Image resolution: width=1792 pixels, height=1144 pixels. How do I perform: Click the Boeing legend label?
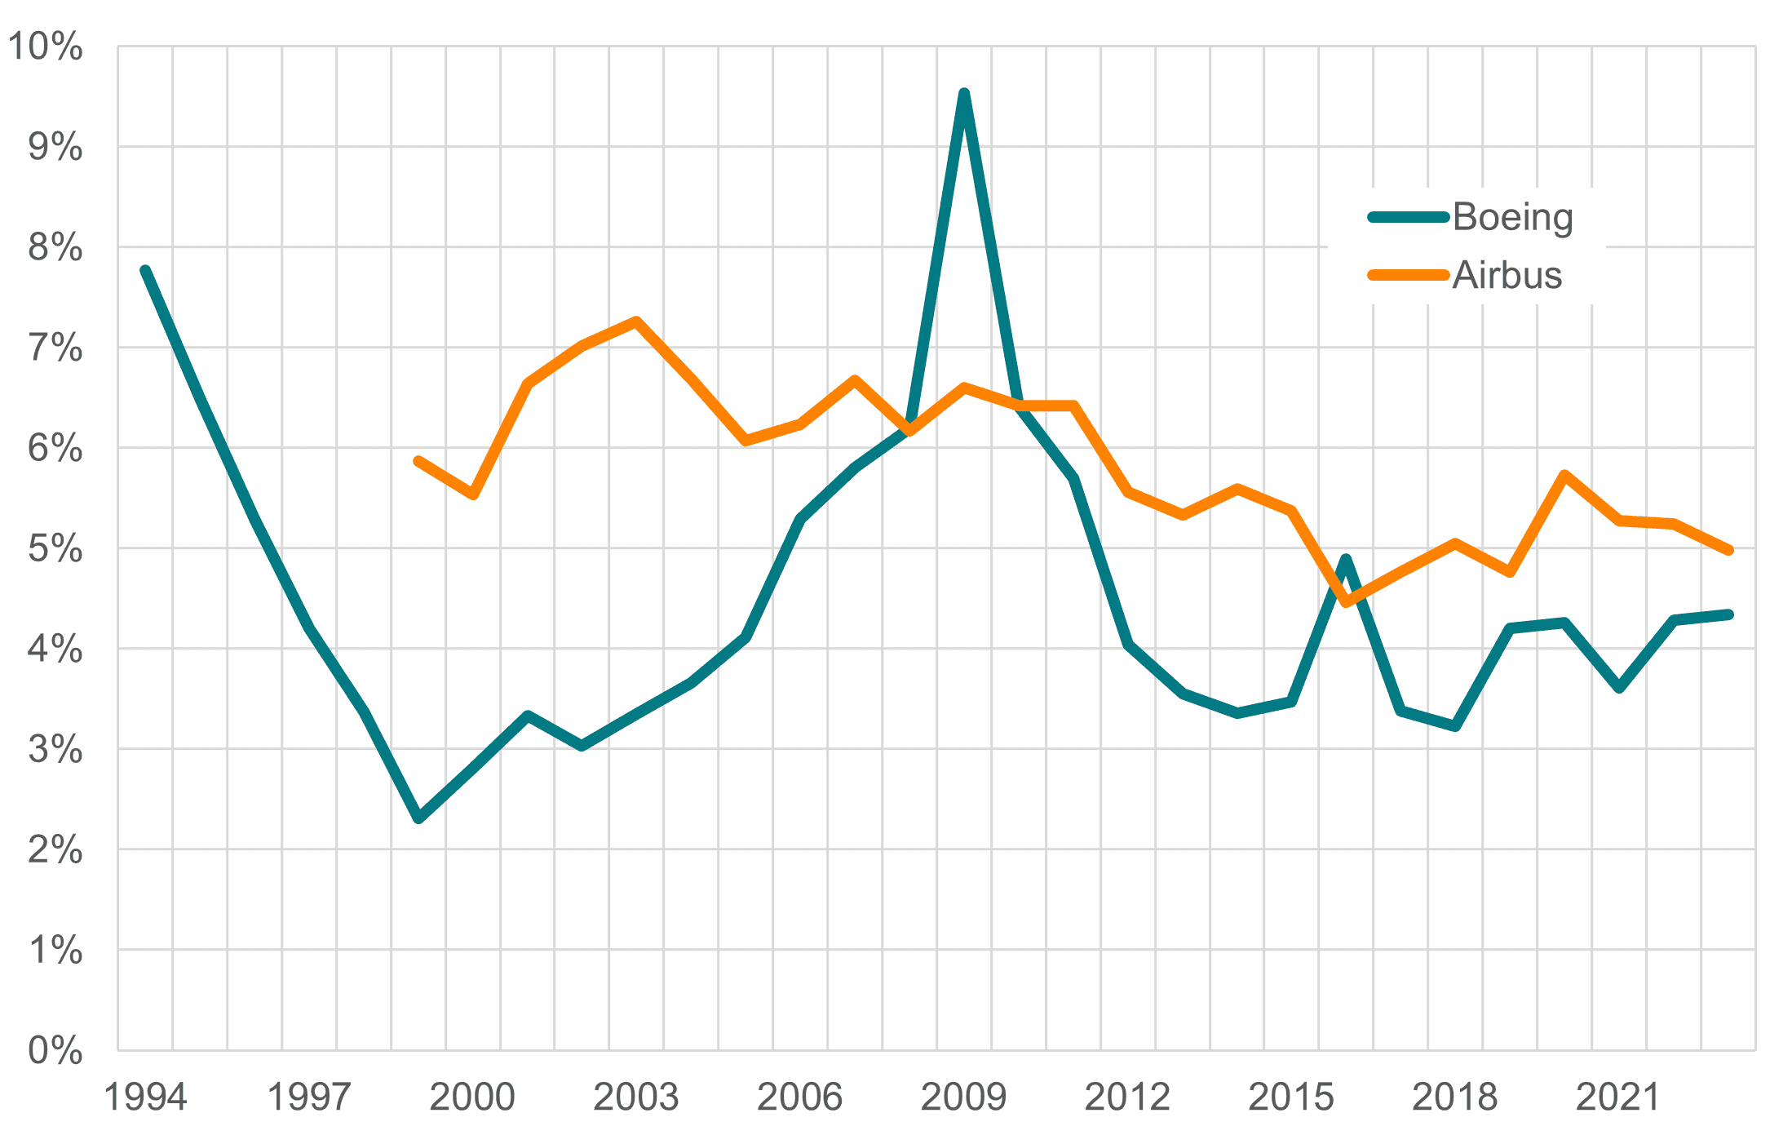coord(1512,218)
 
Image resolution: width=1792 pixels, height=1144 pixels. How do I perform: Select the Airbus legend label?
coord(1507,276)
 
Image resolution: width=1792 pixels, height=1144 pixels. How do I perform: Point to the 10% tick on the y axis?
coord(46,47)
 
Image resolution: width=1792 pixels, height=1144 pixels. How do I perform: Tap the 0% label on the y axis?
coord(55,1051)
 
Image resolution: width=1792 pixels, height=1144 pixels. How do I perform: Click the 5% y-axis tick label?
coord(55,549)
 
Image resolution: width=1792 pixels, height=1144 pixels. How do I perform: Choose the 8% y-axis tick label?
coord(55,247)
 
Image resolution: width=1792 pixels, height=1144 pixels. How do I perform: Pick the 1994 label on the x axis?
coord(145,1097)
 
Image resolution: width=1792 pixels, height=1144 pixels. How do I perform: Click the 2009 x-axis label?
coord(963,1097)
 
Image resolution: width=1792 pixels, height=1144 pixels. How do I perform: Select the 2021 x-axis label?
coord(1618,1097)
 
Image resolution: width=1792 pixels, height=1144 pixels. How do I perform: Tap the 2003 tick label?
coord(635,1097)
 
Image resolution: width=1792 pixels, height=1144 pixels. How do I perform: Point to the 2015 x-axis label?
coord(1290,1097)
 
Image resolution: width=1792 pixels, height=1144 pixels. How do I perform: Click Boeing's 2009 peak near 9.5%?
coord(964,93)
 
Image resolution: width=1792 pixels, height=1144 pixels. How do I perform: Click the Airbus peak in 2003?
coord(636,321)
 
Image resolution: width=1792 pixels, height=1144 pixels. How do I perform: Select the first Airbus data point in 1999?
coord(418,461)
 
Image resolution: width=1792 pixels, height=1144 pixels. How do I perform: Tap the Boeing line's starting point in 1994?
coord(145,270)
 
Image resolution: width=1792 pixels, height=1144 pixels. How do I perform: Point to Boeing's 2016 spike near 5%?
coord(1346,559)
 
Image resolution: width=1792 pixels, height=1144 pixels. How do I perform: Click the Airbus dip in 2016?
coord(1346,603)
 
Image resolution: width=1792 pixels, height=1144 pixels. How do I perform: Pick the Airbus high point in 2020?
coord(1564,474)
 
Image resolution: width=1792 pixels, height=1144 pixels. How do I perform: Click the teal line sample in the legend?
coord(1409,217)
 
